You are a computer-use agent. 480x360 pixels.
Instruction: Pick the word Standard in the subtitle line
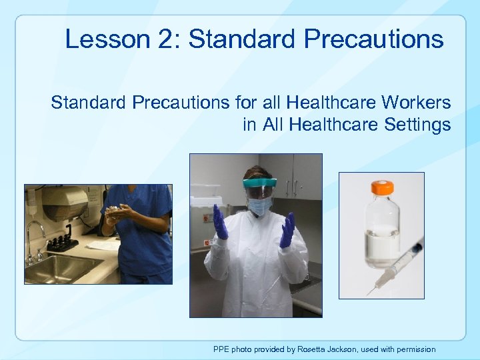[88, 103]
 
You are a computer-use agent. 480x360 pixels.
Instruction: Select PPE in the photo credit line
[221, 349]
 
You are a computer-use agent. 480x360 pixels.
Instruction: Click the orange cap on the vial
[382, 188]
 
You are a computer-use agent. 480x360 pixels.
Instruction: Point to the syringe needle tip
[367, 294]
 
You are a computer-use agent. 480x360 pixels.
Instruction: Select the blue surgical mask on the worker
[260, 206]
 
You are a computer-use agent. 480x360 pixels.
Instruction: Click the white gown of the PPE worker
[257, 267]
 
